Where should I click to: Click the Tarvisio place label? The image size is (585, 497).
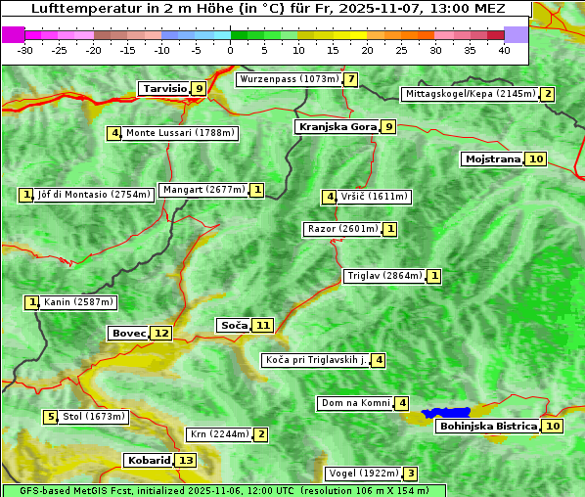pos(163,89)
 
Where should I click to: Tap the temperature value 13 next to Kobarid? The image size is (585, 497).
pos(186,461)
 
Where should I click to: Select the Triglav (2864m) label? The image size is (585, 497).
pos(384,276)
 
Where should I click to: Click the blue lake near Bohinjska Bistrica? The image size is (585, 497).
pos(446,414)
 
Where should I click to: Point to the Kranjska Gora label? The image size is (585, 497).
pos(336,126)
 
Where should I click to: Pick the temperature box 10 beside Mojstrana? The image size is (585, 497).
pos(535,158)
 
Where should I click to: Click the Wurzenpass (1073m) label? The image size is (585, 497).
pos(289,79)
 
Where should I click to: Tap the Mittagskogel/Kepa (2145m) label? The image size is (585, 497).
pos(470,94)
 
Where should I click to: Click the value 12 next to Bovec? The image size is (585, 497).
pos(161,334)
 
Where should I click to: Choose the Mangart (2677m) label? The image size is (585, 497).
pos(203,190)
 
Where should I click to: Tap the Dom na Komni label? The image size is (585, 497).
pos(355,403)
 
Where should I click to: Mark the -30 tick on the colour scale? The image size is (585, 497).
pos(25,49)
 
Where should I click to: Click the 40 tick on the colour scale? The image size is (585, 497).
pos(504,49)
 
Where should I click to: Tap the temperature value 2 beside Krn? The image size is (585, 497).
pos(260,434)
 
